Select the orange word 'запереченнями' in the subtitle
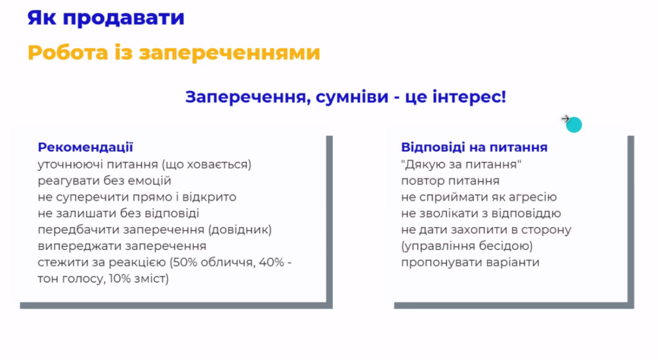click(x=229, y=53)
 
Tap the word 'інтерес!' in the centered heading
click(x=469, y=96)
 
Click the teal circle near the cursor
click(x=574, y=125)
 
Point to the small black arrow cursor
click(x=565, y=119)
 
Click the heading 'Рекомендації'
click(x=85, y=147)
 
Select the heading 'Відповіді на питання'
click(x=474, y=147)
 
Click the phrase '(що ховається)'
click(x=206, y=165)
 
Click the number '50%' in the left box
click(x=184, y=262)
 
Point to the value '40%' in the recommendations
click(x=272, y=262)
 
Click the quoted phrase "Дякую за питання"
click(x=461, y=165)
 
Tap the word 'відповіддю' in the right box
click(x=526, y=213)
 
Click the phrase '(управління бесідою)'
click(x=467, y=246)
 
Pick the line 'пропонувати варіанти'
click(x=470, y=263)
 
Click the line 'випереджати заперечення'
click(x=122, y=246)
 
